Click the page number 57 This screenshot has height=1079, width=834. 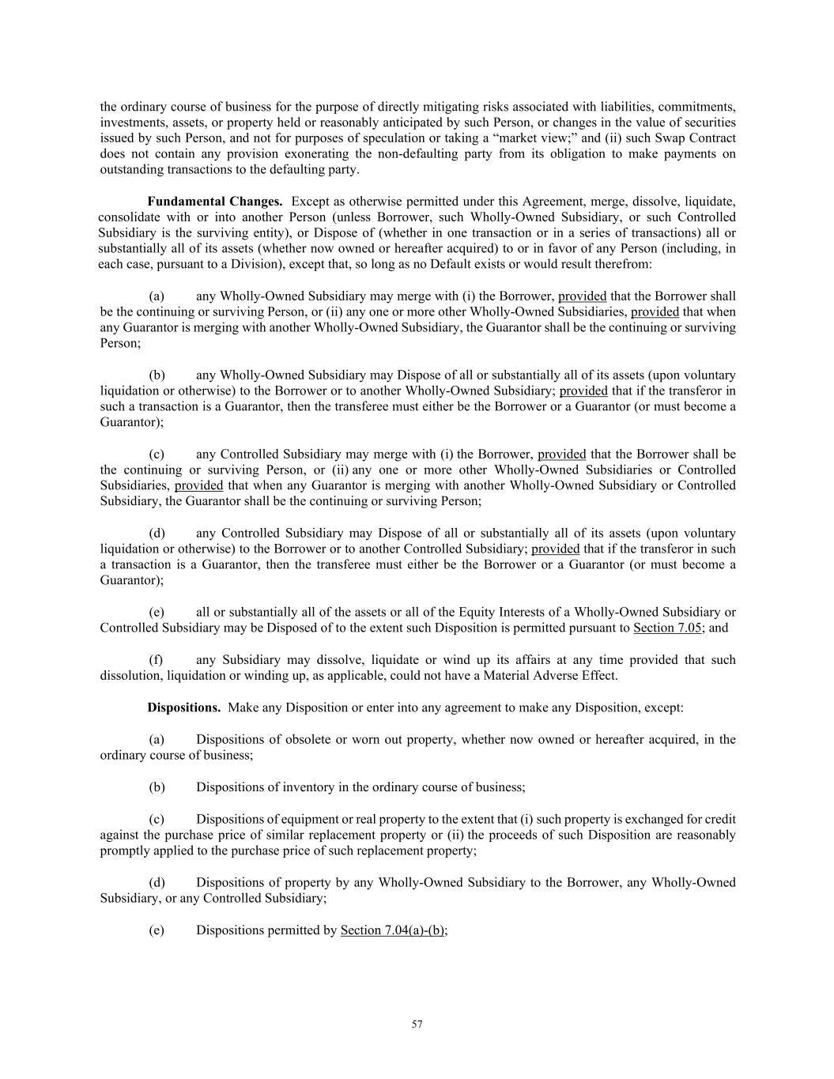click(x=417, y=1024)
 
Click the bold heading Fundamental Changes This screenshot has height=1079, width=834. click(x=214, y=201)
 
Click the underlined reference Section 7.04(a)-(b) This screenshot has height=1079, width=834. click(x=393, y=930)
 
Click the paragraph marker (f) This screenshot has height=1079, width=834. click(x=157, y=659)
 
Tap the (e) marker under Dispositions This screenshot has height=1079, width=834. click(x=157, y=930)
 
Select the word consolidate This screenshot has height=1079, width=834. click(x=129, y=217)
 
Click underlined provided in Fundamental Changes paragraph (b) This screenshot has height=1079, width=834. click(x=583, y=390)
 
